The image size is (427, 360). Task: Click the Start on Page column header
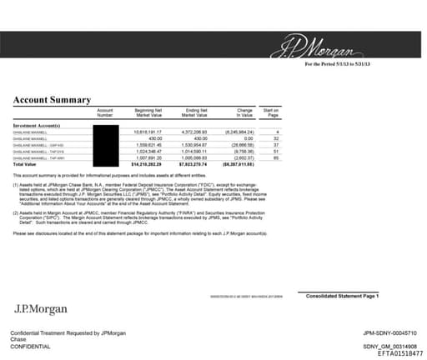point(271,112)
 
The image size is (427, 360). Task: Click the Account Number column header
point(105,112)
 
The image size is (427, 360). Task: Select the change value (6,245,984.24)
point(240,132)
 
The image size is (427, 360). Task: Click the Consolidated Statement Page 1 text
point(342,296)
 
